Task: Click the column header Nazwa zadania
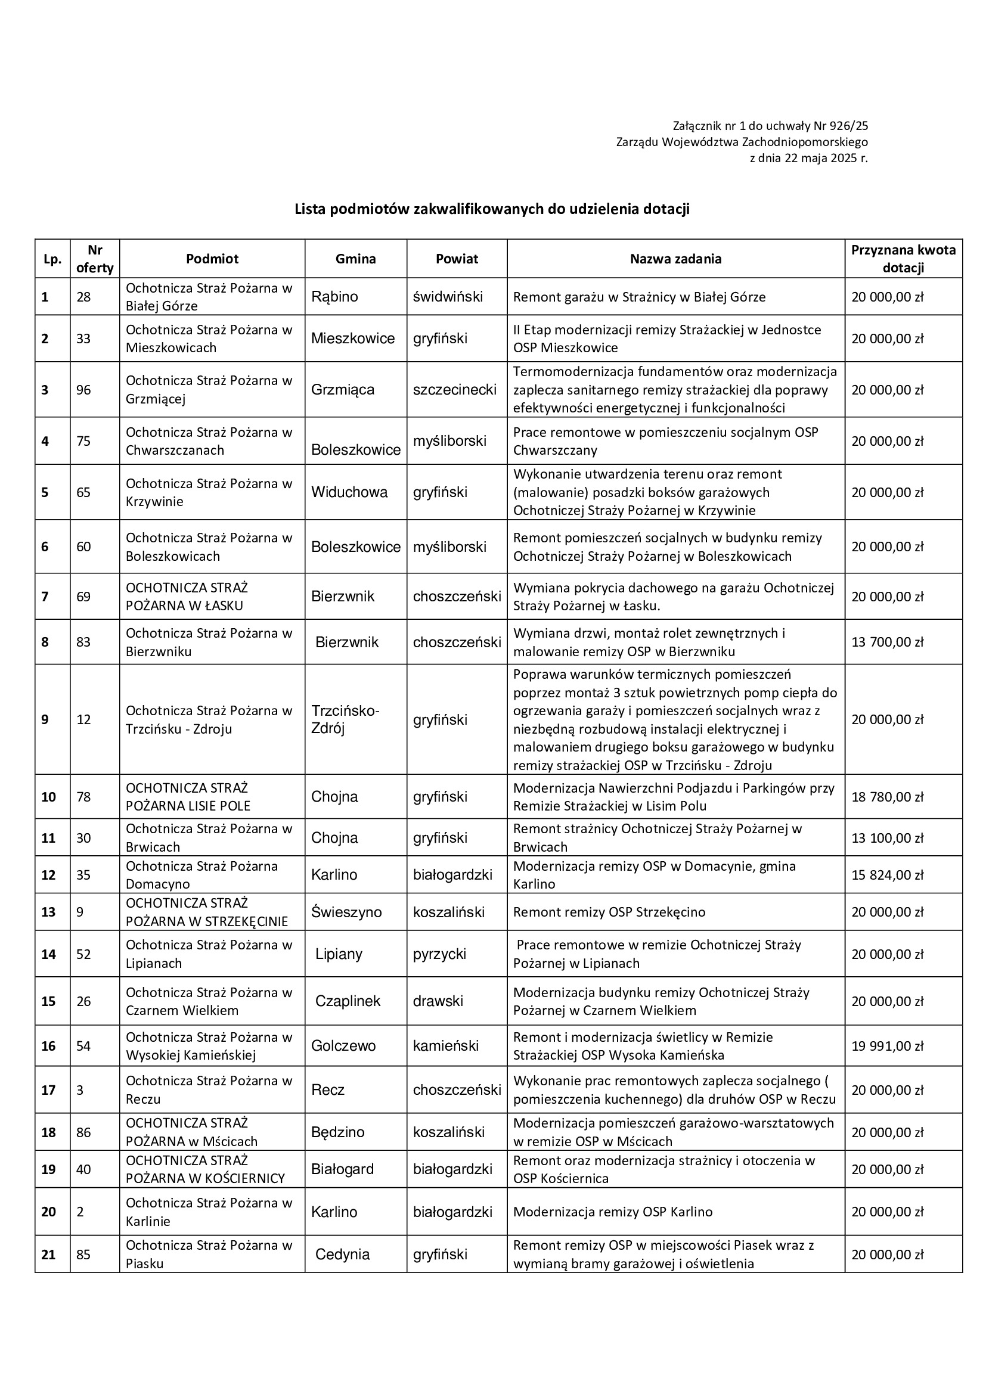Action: (675, 259)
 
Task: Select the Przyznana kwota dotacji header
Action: (903, 259)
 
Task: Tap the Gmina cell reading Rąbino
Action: (334, 296)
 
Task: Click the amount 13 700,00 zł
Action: (887, 642)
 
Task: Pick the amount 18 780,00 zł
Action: (887, 797)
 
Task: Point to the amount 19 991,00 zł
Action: (887, 1045)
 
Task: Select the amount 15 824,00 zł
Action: (887, 874)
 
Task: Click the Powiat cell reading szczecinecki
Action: (455, 389)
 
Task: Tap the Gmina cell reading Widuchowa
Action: (349, 492)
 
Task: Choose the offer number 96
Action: (84, 389)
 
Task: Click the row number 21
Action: (48, 1254)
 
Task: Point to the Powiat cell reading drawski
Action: (438, 1001)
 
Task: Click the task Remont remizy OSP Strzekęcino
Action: (609, 911)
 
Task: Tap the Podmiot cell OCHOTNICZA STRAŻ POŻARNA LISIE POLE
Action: (188, 797)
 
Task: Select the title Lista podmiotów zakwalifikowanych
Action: (492, 209)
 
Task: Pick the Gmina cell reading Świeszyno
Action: (346, 911)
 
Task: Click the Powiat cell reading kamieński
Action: (446, 1045)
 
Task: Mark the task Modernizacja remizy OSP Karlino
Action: (613, 1211)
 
